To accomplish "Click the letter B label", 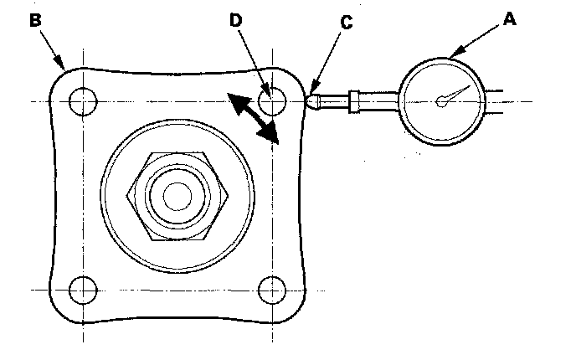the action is click(35, 20).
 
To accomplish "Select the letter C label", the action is click(346, 23).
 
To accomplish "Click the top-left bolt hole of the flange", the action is click(83, 101).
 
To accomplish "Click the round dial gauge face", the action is click(442, 101).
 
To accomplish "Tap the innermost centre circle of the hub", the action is click(177, 197).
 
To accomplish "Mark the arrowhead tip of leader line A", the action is click(451, 57).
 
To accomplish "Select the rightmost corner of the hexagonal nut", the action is click(230, 197).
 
